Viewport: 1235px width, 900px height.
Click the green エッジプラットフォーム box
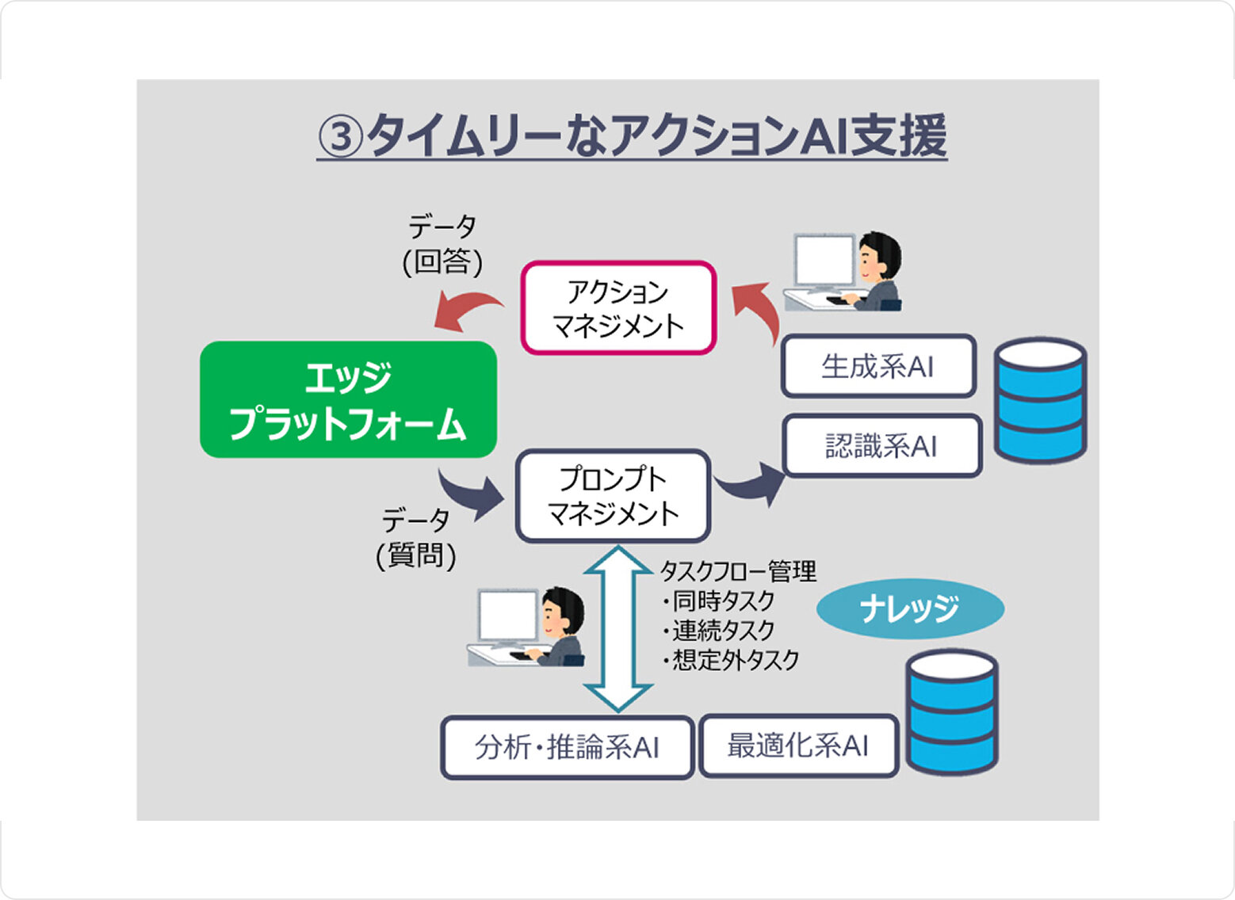click(x=348, y=399)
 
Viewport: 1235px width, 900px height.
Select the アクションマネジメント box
click(x=618, y=308)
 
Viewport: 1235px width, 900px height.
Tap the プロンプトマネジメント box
click(x=613, y=496)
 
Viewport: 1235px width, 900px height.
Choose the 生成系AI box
click(x=878, y=366)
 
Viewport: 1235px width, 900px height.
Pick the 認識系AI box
click(x=881, y=446)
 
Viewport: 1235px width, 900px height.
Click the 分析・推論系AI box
click(x=567, y=747)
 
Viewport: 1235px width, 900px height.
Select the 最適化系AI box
click(x=798, y=746)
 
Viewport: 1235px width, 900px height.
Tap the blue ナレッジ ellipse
click(x=910, y=608)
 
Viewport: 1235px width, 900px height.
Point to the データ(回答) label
click(x=442, y=245)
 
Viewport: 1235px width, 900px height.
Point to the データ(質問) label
click(x=416, y=538)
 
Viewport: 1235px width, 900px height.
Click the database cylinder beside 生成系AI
click(x=1040, y=400)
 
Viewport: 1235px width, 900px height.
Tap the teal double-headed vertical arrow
click(x=617, y=629)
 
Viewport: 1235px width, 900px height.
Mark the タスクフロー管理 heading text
click(x=738, y=570)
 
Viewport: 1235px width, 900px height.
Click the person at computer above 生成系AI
click(x=845, y=272)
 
